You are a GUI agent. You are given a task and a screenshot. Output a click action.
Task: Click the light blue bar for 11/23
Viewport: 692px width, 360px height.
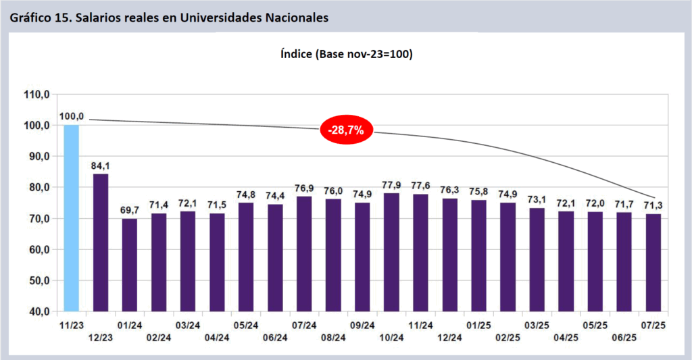72,217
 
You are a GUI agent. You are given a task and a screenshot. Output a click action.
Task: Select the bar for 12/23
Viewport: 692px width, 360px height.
101,242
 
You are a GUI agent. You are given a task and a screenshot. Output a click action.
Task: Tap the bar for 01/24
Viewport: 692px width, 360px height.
130,265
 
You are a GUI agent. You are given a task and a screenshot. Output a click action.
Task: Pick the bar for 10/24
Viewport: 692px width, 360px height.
391,252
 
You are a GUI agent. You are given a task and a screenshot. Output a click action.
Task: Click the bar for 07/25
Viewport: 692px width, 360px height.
653,262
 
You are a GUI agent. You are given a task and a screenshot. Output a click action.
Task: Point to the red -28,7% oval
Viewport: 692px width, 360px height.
346,130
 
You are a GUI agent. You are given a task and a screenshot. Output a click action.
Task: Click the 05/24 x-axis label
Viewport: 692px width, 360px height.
246,325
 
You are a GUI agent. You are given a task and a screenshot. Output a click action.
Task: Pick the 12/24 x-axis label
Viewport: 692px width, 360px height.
449,337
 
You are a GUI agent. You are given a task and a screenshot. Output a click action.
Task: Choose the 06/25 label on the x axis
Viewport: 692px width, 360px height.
624,337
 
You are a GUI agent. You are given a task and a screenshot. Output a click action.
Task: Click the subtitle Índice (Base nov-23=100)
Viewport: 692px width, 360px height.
346,53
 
